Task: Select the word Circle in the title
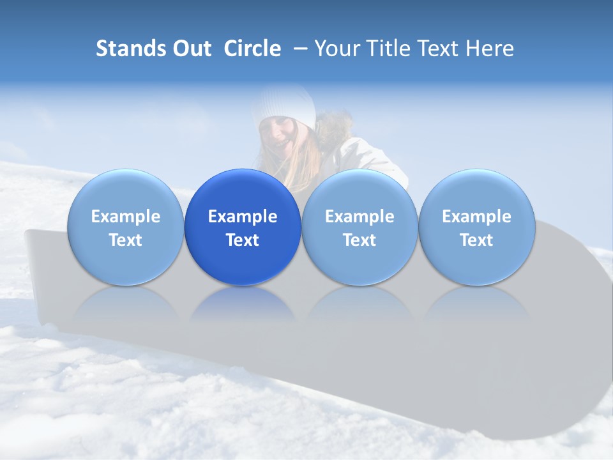252,49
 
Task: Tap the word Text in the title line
437,49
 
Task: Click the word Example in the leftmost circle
125,217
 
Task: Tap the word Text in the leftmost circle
125,240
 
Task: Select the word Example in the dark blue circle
243,217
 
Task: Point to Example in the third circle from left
359,217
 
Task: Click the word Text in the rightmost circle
476,240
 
